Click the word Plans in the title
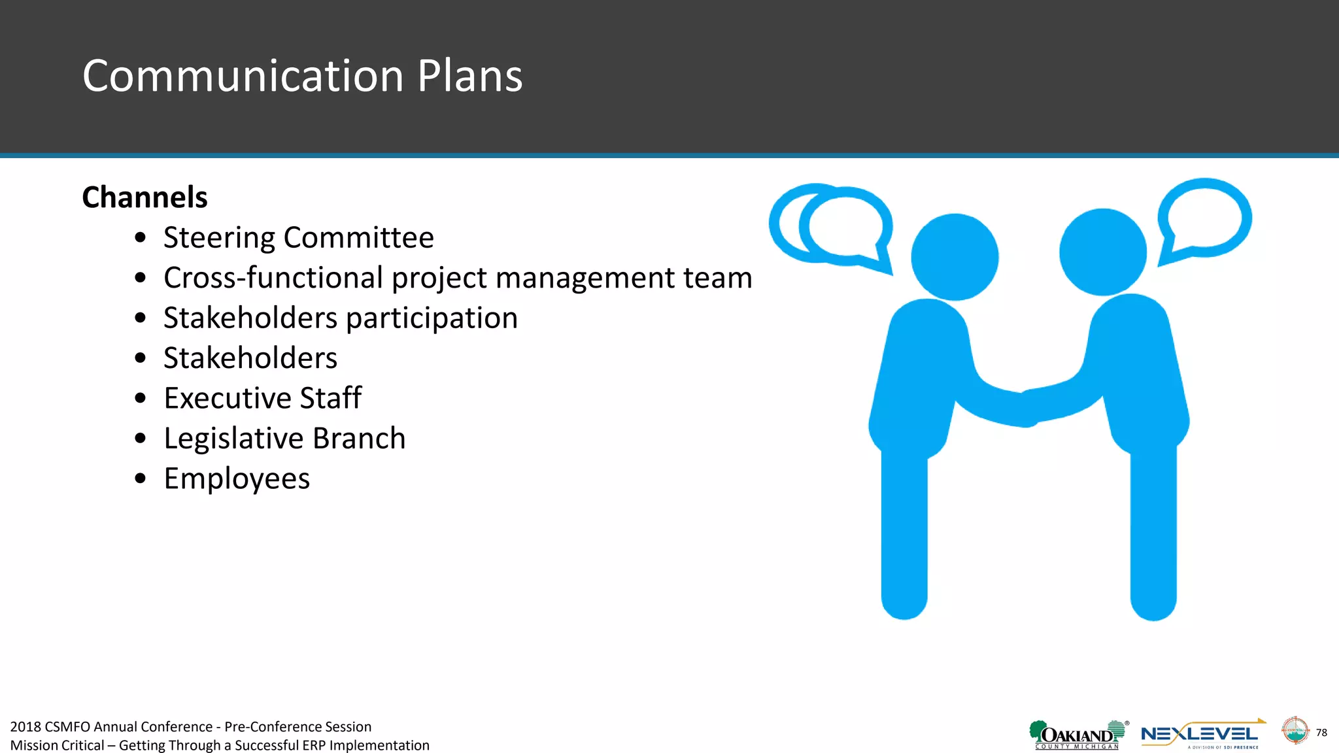pyautogui.click(x=469, y=76)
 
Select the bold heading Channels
pyautogui.click(x=144, y=197)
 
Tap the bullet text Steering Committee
pyautogui.click(x=298, y=237)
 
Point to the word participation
pyautogui.click(x=432, y=318)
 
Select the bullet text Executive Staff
pyautogui.click(x=262, y=398)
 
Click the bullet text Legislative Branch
pyautogui.click(x=284, y=438)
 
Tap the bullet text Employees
pyautogui.click(x=237, y=478)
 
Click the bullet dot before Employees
pyautogui.click(x=140, y=478)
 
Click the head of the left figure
pyautogui.click(x=955, y=257)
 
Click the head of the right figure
pyautogui.click(x=1103, y=252)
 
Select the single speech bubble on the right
pyautogui.click(x=1204, y=219)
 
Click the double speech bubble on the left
pyautogui.click(x=830, y=226)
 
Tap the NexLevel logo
pyautogui.click(x=1200, y=735)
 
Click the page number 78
pyautogui.click(x=1321, y=732)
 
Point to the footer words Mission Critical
pyautogui.click(x=58, y=745)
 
